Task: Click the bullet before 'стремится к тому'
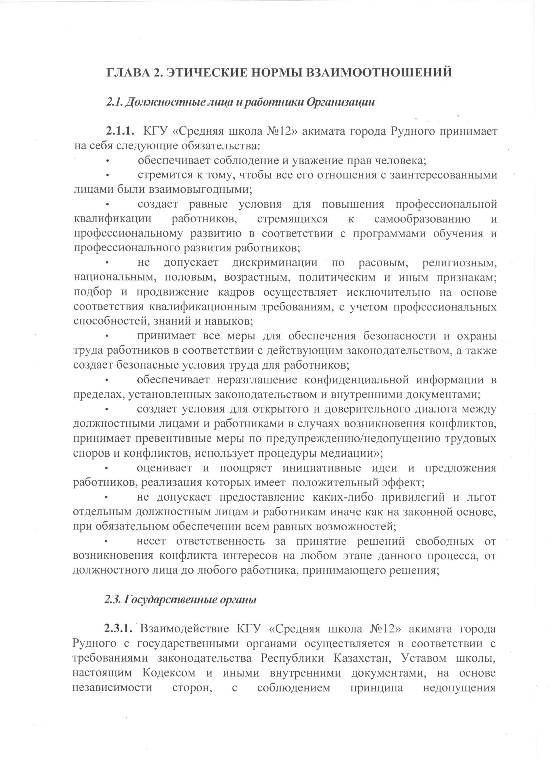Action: (x=107, y=175)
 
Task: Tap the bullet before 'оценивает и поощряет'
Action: (x=107, y=468)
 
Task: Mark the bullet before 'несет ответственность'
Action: (x=107, y=541)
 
